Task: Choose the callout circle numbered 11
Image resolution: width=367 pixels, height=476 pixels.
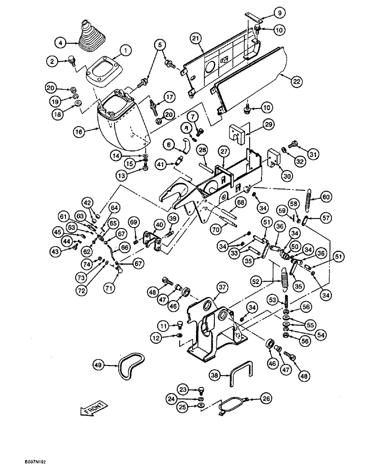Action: pos(163,326)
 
